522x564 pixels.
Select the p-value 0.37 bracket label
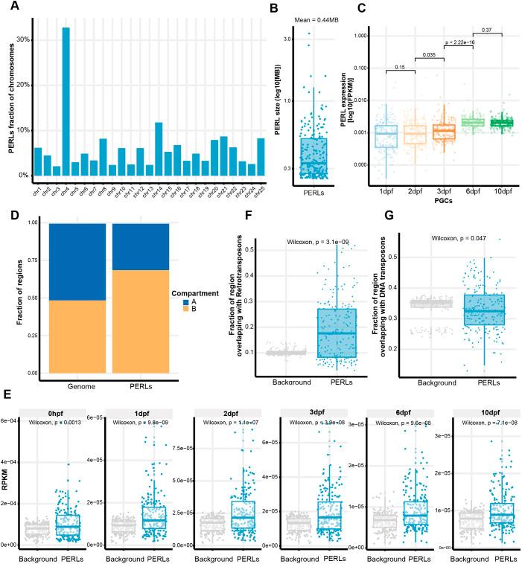point(488,30)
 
